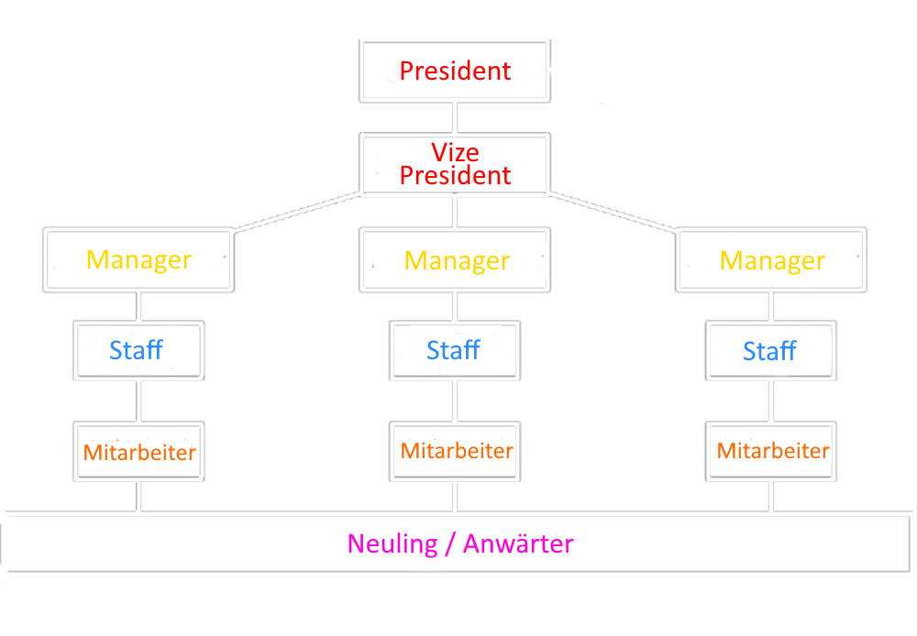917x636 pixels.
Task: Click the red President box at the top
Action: [455, 71]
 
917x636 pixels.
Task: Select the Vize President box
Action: [455, 165]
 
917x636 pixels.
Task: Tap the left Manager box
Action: [138, 260]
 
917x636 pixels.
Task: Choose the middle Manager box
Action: [456, 260]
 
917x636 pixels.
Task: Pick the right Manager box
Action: [771, 260]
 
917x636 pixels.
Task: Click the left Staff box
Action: [138, 350]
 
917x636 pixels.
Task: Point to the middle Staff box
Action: [455, 350]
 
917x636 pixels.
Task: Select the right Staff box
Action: [770, 350]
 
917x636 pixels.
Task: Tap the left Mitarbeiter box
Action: [138, 451]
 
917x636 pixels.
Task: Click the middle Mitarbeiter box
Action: [455, 451]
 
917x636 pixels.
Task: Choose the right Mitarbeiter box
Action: [770, 451]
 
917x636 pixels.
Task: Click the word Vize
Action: [455, 152]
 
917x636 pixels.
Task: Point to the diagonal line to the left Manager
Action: [296, 212]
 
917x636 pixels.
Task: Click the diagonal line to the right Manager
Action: [613, 212]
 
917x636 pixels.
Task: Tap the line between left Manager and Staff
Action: [138, 306]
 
